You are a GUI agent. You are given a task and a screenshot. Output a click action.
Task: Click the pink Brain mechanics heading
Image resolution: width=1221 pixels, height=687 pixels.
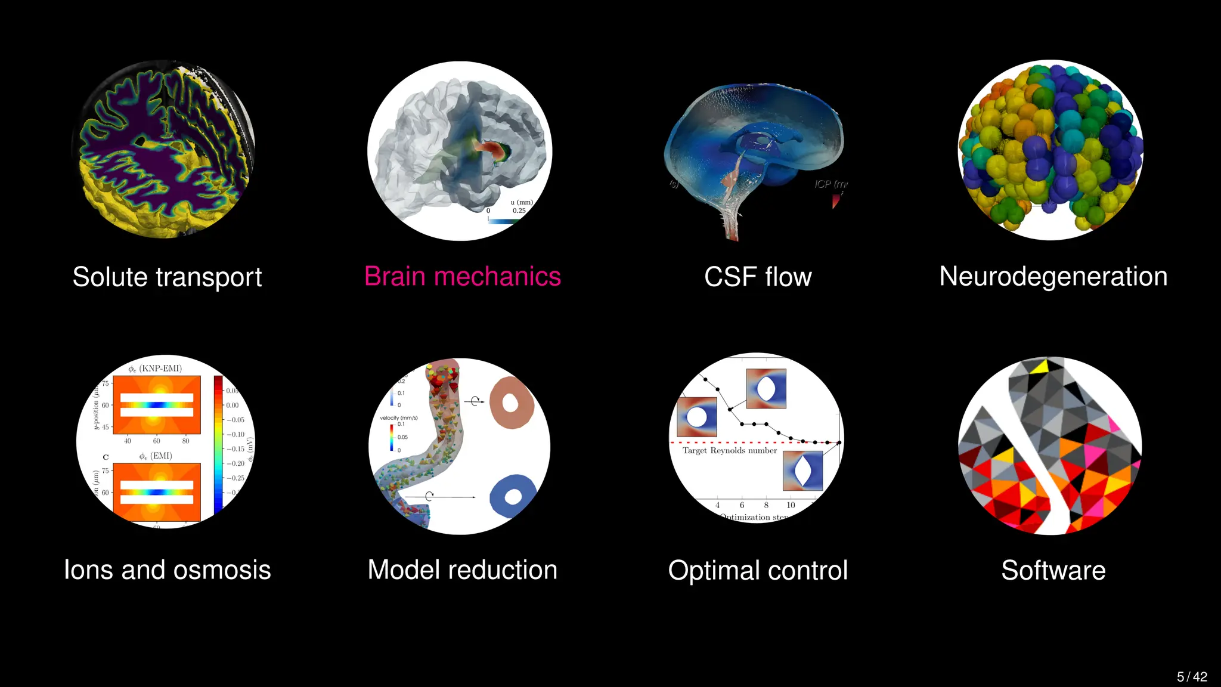(463, 277)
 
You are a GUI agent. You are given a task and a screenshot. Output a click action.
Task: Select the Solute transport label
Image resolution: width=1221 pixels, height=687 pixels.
(167, 277)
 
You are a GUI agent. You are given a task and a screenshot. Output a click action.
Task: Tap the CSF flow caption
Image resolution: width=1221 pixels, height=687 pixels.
(758, 277)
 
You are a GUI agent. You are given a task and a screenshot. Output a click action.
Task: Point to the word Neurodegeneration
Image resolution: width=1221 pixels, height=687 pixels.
(1053, 277)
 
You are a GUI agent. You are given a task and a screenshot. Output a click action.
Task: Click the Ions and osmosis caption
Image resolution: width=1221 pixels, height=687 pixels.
(167, 570)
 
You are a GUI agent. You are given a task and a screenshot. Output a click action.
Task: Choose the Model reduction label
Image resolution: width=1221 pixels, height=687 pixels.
(463, 570)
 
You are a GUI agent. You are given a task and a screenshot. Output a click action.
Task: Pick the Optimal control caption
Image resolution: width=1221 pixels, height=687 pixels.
(758, 571)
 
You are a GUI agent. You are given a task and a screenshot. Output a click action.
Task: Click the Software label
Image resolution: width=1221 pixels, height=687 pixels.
(1053, 571)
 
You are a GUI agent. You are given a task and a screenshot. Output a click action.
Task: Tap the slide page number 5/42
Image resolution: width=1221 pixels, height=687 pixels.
(1192, 677)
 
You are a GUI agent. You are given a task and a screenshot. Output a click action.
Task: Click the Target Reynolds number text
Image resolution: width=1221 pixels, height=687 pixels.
(730, 451)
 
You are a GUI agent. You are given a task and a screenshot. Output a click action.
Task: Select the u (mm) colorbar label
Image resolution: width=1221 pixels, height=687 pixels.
(522, 202)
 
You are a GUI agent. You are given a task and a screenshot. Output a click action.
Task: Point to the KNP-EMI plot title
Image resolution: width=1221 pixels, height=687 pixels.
(155, 369)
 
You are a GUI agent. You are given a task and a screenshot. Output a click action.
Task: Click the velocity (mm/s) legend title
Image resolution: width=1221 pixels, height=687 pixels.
(399, 418)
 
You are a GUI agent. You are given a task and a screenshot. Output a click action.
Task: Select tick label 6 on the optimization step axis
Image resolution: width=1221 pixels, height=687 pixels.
(742, 505)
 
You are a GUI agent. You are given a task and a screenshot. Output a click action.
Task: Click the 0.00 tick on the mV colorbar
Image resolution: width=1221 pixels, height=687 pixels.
(233, 406)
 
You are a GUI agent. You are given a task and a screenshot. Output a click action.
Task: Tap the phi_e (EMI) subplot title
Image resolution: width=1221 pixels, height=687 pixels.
(155, 456)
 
